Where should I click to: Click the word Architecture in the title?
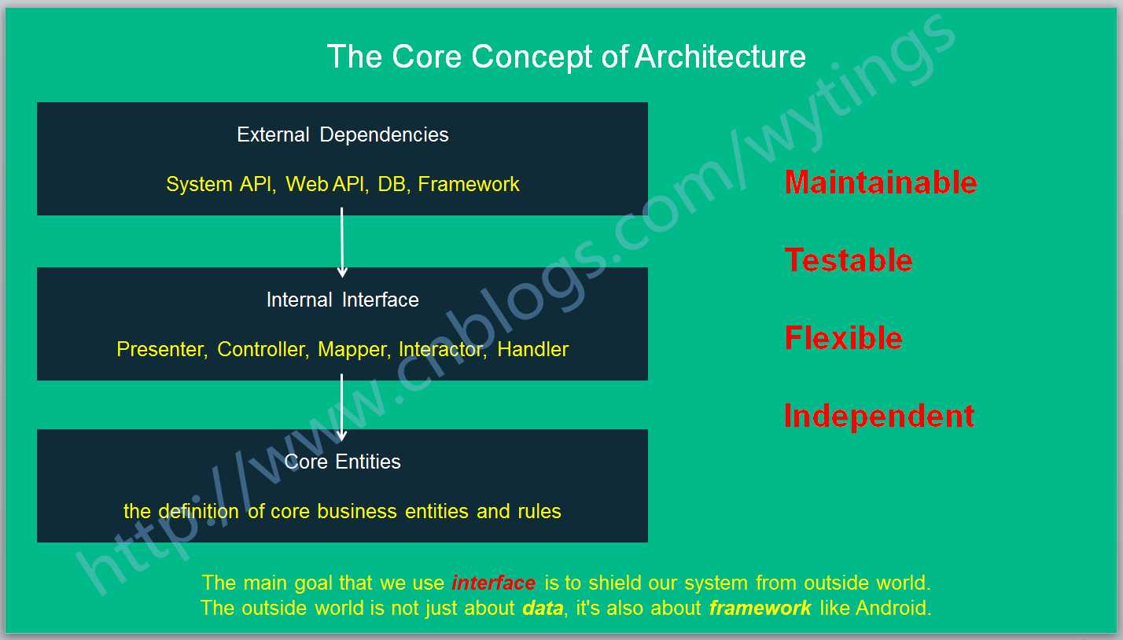(720, 56)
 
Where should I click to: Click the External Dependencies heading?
(343, 134)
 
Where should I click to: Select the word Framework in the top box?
(468, 185)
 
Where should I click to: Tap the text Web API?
(325, 185)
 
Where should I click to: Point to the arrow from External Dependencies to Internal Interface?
(342, 243)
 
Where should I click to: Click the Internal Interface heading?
(343, 300)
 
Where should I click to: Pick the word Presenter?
(160, 349)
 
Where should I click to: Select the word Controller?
(262, 349)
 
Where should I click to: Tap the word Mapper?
(353, 350)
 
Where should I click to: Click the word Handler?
(533, 349)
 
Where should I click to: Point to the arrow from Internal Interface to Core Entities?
(342, 407)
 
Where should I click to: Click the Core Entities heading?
(343, 462)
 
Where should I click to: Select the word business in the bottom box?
(357, 511)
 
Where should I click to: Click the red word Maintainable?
(881, 182)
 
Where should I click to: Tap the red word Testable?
(849, 260)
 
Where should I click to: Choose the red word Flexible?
(844, 338)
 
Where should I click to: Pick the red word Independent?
(879, 417)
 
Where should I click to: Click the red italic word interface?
(494, 583)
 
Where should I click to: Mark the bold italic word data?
(543, 608)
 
